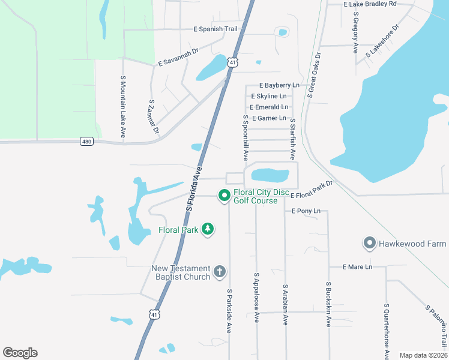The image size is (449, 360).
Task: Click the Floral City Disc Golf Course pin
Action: click(x=224, y=196)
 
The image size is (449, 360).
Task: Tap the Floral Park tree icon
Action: click(x=208, y=229)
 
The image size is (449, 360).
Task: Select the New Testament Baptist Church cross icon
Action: click(x=219, y=272)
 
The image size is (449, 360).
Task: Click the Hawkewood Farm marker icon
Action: click(x=369, y=244)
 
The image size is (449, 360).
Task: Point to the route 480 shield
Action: click(x=86, y=142)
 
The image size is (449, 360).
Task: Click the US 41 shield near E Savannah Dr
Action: click(x=233, y=62)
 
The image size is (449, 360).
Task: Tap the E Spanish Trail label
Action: click(x=215, y=29)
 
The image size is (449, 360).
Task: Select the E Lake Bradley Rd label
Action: click(x=370, y=4)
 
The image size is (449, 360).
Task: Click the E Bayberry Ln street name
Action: click(x=279, y=86)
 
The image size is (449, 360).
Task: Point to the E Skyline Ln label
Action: click(x=273, y=96)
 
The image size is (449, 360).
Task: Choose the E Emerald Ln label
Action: click(x=269, y=107)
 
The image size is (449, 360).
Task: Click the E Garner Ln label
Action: click(x=269, y=118)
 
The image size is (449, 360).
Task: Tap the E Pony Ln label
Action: click(x=306, y=211)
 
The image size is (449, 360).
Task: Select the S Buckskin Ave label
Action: click(x=328, y=304)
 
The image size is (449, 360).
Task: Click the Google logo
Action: click(x=20, y=353)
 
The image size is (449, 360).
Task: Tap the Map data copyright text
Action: click(x=423, y=355)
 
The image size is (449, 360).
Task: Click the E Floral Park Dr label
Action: click(x=311, y=191)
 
